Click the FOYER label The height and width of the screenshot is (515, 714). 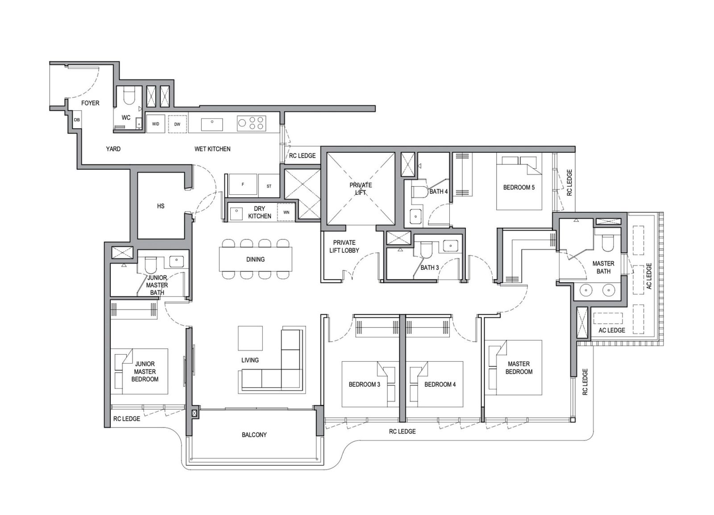tap(90, 103)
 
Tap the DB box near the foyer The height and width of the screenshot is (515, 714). tap(77, 120)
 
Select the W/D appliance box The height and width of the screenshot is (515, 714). tap(156, 124)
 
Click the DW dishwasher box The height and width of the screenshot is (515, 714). tap(177, 124)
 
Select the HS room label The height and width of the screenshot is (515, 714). tap(161, 206)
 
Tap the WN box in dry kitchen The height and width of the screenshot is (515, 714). tap(286, 212)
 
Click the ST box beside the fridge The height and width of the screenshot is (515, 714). tap(269, 186)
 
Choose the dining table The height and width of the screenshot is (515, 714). tap(255, 259)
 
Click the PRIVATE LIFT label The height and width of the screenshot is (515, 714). tap(361, 188)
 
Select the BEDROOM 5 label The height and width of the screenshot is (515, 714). tap(519, 187)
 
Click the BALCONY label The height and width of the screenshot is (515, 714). tap(254, 435)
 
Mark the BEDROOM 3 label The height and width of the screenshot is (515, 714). tap(364, 384)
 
